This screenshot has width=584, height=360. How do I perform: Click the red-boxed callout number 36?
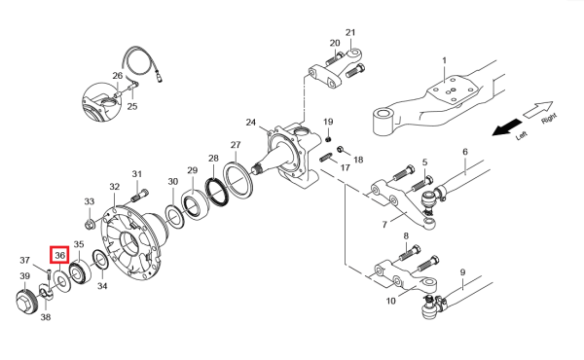click(60, 255)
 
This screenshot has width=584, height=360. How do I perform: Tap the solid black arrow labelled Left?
click(507, 127)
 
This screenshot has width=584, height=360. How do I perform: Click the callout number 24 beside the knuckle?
click(251, 123)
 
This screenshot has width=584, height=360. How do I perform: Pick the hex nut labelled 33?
click(90, 224)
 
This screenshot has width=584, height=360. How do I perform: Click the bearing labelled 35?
click(80, 273)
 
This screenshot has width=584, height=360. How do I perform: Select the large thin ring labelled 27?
click(238, 178)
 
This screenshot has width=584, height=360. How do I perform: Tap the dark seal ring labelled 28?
click(217, 192)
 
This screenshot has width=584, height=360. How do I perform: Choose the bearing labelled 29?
click(196, 204)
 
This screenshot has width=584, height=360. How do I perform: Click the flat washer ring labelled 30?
click(174, 216)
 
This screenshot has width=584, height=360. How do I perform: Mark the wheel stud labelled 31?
click(139, 195)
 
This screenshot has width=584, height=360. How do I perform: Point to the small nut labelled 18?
click(340, 150)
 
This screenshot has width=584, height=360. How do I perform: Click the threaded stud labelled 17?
click(326, 157)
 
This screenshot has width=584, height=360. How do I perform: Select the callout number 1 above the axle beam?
click(444, 60)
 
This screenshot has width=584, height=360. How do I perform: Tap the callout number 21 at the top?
click(350, 33)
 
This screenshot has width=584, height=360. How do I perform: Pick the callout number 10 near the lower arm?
click(390, 301)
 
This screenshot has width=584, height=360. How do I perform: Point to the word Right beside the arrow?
click(549, 119)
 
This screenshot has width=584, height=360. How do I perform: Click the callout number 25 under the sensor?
click(132, 106)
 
